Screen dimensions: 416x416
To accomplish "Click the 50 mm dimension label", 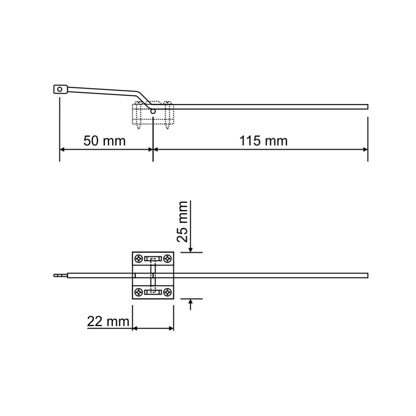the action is [x=104, y=141].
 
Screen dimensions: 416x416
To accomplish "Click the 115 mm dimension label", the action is [x=263, y=141].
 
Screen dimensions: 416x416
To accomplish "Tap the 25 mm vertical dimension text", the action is [x=183, y=222].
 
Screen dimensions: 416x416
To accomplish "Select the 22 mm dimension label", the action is [x=108, y=322].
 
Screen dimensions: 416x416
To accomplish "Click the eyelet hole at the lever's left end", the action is [x=59, y=89].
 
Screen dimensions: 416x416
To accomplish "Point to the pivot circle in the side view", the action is [x=153, y=111].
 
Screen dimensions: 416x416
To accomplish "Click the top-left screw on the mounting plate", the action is [x=139, y=258].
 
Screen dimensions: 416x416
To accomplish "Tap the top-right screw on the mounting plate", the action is [x=167, y=258].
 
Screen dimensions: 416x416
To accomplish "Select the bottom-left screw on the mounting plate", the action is [x=139, y=292].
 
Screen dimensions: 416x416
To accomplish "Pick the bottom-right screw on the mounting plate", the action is [x=167, y=292].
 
